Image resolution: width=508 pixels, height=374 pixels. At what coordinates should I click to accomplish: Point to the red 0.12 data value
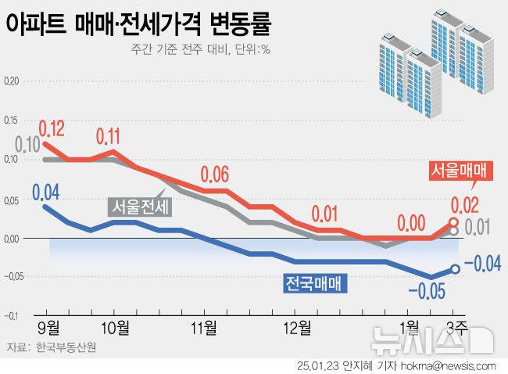(x=52, y=127)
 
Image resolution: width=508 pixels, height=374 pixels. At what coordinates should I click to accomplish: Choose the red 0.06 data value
(x=216, y=174)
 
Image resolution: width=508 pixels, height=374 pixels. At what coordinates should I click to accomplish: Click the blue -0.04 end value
(x=481, y=266)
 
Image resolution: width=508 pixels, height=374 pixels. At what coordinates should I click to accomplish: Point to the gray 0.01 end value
(x=478, y=228)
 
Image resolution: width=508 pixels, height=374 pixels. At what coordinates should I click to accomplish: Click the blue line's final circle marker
(x=454, y=269)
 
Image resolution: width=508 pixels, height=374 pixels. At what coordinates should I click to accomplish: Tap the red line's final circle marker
(x=454, y=223)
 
